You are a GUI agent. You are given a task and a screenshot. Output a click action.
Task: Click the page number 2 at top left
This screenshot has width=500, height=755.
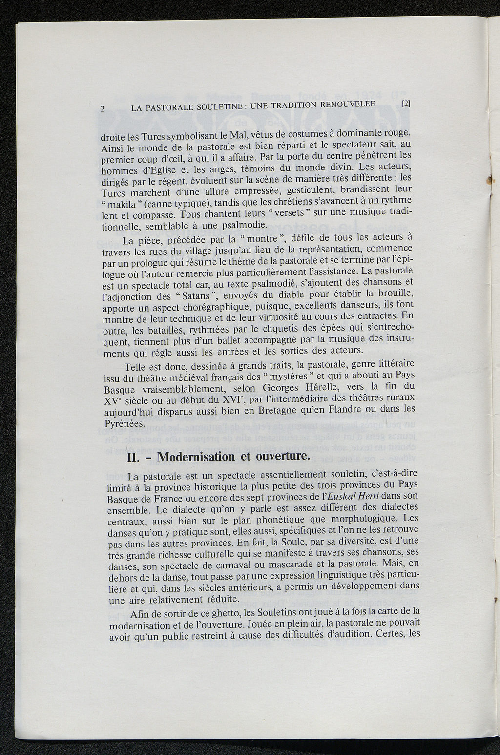(103, 109)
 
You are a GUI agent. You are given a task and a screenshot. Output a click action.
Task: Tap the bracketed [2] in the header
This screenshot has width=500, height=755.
(406, 104)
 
